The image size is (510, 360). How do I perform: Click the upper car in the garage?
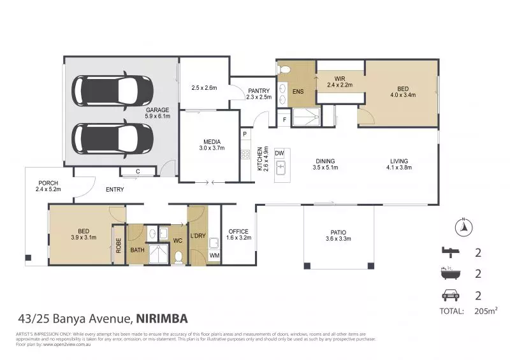pyautogui.click(x=112, y=91)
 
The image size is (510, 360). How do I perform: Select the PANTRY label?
pyautogui.click(x=258, y=90)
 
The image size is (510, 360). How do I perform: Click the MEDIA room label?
pyautogui.click(x=212, y=141)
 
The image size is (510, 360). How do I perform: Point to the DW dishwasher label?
pyautogui.click(x=279, y=154)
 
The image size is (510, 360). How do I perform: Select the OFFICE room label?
pyautogui.click(x=238, y=231)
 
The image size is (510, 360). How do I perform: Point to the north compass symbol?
pyautogui.click(x=464, y=226)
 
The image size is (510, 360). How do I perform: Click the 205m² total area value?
pyautogui.click(x=485, y=311)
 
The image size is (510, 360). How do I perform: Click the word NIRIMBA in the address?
pyautogui.click(x=162, y=318)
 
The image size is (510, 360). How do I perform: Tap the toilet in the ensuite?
pyautogui.click(x=285, y=69)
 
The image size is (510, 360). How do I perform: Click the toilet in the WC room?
pyautogui.click(x=179, y=256)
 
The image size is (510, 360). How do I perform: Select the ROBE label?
pyautogui.click(x=119, y=245)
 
